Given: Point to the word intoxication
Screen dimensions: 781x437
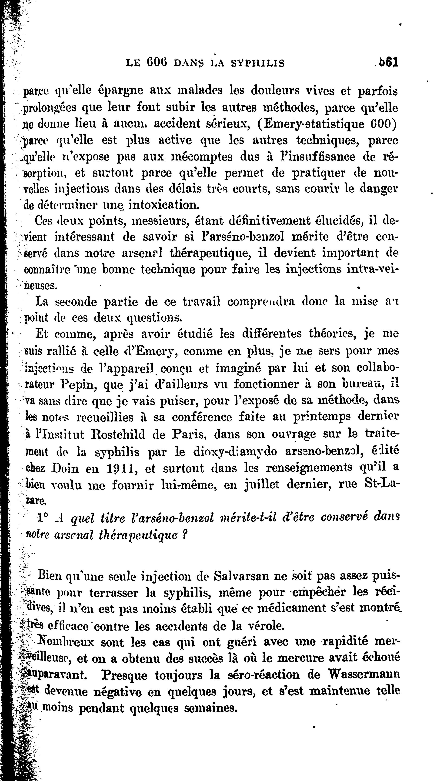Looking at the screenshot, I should (164, 205).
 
